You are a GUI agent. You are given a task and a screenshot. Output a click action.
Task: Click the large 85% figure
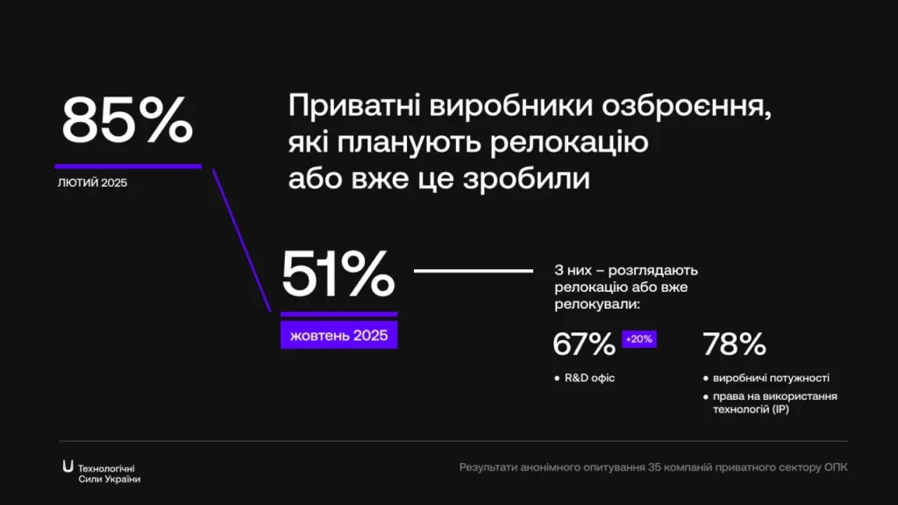pyautogui.click(x=127, y=119)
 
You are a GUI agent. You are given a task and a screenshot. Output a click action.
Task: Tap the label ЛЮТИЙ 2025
pyautogui.click(x=92, y=182)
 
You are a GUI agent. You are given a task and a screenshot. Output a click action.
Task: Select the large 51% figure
pyautogui.click(x=338, y=274)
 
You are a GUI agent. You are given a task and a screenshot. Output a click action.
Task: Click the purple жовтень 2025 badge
pyautogui.click(x=339, y=335)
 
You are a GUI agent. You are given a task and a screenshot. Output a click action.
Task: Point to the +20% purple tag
pyautogui.click(x=639, y=339)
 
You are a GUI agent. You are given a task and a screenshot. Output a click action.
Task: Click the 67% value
pyautogui.click(x=583, y=344)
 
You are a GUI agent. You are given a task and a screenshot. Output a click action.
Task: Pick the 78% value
pyautogui.click(x=734, y=344)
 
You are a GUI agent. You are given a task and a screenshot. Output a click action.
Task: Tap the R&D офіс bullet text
pyautogui.click(x=589, y=378)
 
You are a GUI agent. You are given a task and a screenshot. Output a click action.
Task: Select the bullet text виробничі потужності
pyautogui.click(x=771, y=378)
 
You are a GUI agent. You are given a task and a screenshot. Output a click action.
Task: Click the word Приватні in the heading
pyautogui.click(x=354, y=105)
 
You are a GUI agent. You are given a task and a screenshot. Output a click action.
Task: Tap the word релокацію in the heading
pyautogui.click(x=569, y=143)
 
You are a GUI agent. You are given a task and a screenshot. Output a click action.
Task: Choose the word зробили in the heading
pyautogui.click(x=526, y=177)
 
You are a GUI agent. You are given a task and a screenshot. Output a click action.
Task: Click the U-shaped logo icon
pyautogui.click(x=68, y=466)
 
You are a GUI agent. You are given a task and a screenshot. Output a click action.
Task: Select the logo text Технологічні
pyautogui.click(x=106, y=469)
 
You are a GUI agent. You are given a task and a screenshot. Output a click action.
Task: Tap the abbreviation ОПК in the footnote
pyautogui.click(x=836, y=467)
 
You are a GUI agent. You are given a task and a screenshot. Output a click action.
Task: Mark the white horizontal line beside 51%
pyautogui.click(x=474, y=271)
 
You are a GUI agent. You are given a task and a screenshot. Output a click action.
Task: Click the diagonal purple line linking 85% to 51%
pyautogui.click(x=242, y=240)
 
